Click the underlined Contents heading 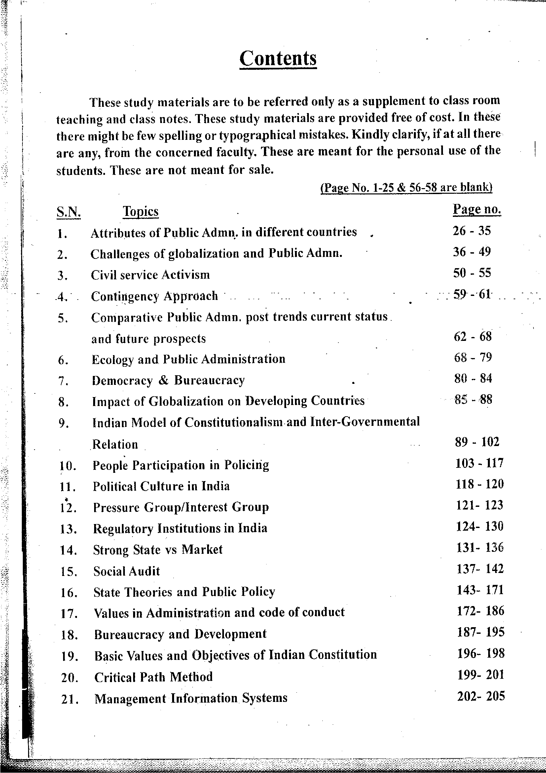[278, 59]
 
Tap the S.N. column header [69, 212]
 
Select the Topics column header [141, 211]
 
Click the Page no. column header [477, 209]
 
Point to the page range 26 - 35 [472, 231]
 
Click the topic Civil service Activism [150, 275]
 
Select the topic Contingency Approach [154, 296]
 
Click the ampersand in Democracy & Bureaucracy [163, 380]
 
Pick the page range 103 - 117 [479, 463]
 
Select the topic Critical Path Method [153, 677]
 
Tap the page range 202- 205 [481, 696]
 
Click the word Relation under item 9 [115, 445]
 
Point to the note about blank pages [406, 187]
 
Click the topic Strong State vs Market [158, 550]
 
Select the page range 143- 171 [480, 590]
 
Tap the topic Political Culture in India [161, 486]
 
